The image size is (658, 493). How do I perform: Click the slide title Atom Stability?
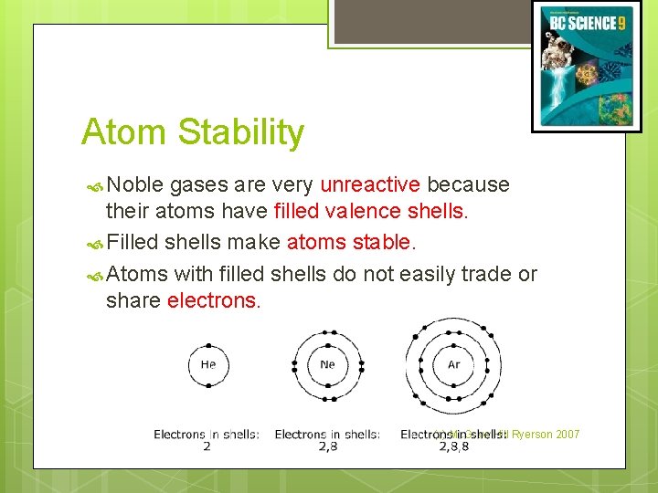(192, 132)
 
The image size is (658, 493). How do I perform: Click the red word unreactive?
(370, 184)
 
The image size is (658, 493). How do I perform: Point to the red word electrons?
(214, 301)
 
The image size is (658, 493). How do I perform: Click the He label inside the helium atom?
(208, 365)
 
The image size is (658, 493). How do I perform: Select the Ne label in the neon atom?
(327, 365)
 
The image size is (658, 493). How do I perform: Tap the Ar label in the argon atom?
(453, 365)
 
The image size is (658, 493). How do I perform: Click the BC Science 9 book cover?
(587, 67)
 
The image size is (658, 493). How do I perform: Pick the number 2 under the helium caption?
(207, 447)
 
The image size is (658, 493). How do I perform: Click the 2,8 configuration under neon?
(327, 447)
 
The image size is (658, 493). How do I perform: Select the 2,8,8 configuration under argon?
(453, 447)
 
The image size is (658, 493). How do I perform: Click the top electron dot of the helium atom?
(208, 346)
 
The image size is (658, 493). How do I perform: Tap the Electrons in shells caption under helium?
(207, 435)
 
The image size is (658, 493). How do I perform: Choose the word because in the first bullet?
(468, 184)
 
